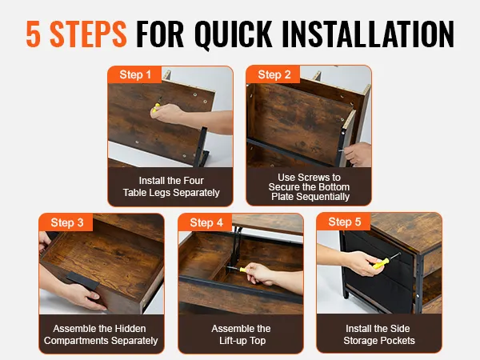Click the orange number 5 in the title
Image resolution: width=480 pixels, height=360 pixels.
click(x=33, y=34)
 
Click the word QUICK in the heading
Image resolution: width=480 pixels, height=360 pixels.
click(x=234, y=34)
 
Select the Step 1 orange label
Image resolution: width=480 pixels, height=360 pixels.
click(x=135, y=74)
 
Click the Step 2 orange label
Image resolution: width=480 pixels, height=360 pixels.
click(x=274, y=74)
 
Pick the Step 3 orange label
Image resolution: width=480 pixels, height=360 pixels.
click(x=66, y=222)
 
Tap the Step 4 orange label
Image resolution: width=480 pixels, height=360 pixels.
click(x=206, y=222)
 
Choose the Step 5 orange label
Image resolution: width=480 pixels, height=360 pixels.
click(x=344, y=222)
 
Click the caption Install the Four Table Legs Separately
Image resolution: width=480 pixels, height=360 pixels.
click(x=171, y=186)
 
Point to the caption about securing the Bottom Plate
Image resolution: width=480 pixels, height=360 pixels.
click(x=309, y=186)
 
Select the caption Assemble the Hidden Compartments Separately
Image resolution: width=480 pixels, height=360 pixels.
click(x=101, y=334)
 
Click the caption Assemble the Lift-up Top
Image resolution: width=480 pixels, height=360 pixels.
click(x=242, y=334)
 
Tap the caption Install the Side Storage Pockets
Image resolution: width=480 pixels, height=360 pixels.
click(x=379, y=334)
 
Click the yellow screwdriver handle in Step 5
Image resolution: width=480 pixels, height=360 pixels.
click(x=381, y=263)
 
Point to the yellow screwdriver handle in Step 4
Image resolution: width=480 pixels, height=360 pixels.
click(x=243, y=270)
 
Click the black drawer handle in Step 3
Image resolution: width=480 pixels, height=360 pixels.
click(x=82, y=281)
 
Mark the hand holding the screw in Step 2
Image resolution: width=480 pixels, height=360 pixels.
click(x=357, y=154)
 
